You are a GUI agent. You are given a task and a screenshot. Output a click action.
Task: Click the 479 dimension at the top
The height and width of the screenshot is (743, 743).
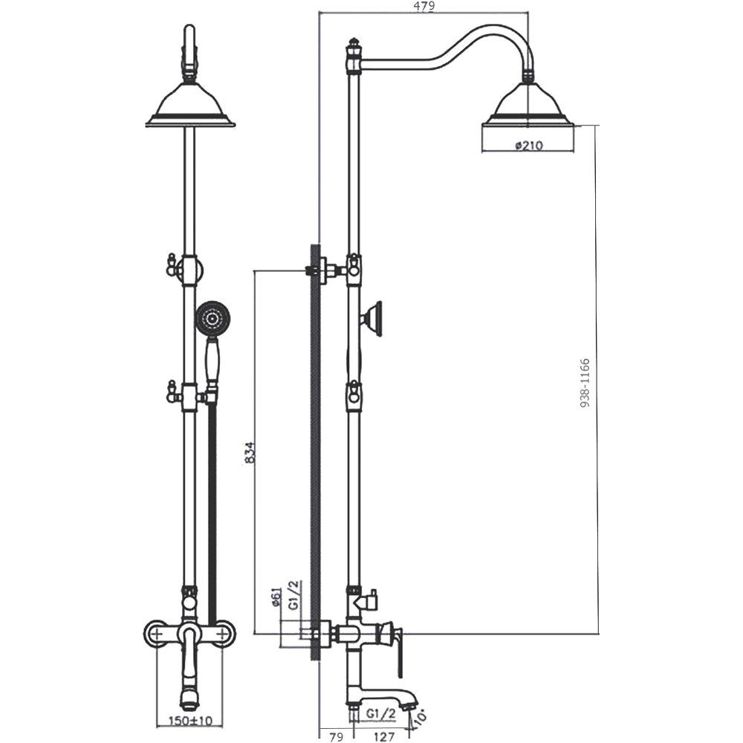424,6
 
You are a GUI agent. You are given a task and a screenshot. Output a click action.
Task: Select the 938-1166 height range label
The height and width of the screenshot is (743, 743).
585,383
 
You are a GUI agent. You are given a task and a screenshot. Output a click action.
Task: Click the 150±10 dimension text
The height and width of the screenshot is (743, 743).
191,721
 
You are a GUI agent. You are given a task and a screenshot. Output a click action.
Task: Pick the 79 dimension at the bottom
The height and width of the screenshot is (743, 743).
336,737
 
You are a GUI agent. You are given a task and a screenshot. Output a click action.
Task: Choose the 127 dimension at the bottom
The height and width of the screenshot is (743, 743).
384,737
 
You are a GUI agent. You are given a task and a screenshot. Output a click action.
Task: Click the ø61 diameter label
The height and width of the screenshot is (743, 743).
278,597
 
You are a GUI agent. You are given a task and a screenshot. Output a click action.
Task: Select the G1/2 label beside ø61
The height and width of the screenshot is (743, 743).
294,596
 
